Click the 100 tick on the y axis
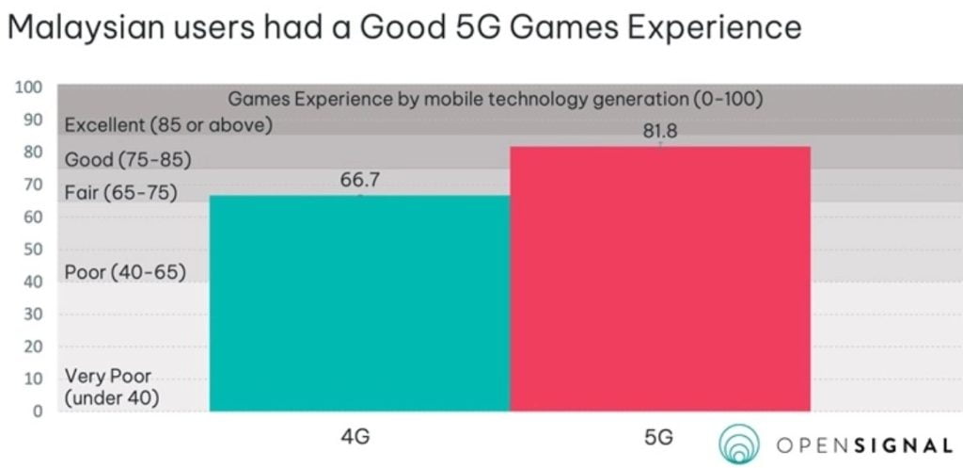click(30, 88)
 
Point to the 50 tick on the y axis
click(34, 250)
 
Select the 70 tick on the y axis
click(34, 185)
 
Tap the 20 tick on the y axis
click(34, 347)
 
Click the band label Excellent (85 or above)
click(168, 124)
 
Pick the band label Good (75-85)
click(128, 160)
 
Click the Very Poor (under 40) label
click(111, 388)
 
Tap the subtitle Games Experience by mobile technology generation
click(495, 97)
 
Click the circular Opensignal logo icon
click(740, 445)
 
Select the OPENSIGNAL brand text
click(864, 445)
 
